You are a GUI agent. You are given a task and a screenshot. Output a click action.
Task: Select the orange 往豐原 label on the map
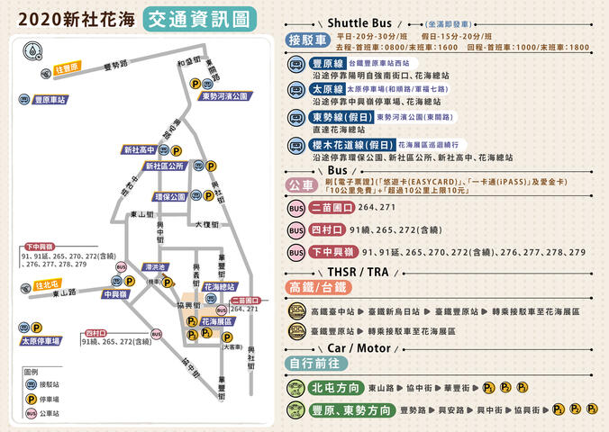67,67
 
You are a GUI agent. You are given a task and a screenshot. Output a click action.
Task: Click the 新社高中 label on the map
140,149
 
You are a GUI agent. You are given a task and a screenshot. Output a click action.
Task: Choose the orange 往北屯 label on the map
47,285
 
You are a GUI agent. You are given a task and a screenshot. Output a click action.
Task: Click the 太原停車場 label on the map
41,341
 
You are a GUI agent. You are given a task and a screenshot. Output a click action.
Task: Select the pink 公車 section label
300,184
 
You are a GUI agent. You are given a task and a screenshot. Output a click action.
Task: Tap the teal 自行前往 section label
314,363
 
